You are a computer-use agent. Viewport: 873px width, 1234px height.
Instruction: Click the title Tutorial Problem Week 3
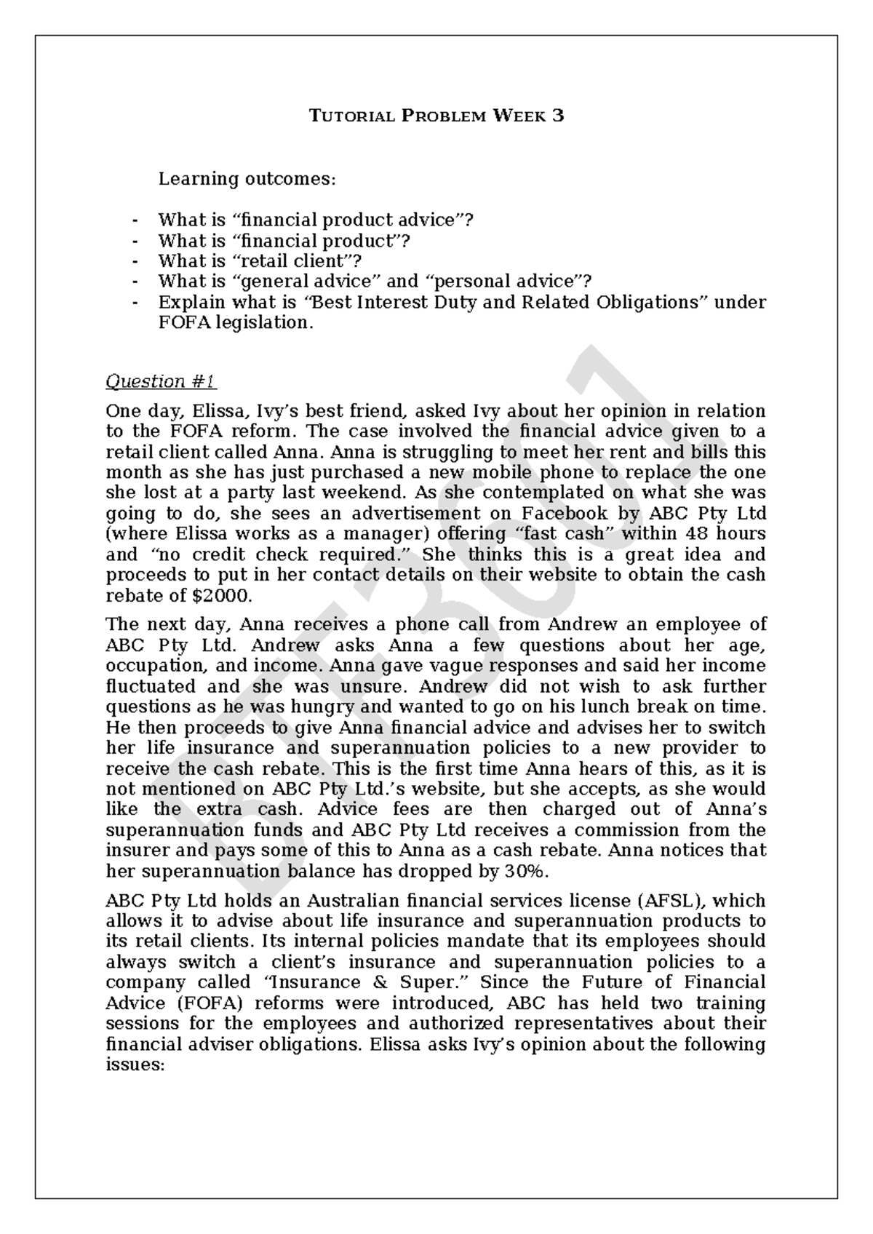(x=436, y=116)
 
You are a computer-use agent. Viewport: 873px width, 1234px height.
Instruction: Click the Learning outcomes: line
(x=247, y=178)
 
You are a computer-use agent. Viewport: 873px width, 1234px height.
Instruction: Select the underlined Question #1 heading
(x=161, y=381)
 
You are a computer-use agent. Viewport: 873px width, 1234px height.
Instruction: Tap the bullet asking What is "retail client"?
(x=260, y=260)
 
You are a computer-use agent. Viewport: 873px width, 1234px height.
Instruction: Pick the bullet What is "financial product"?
(x=284, y=240)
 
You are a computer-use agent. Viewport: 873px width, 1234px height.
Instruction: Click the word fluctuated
(x=151, y=686)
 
